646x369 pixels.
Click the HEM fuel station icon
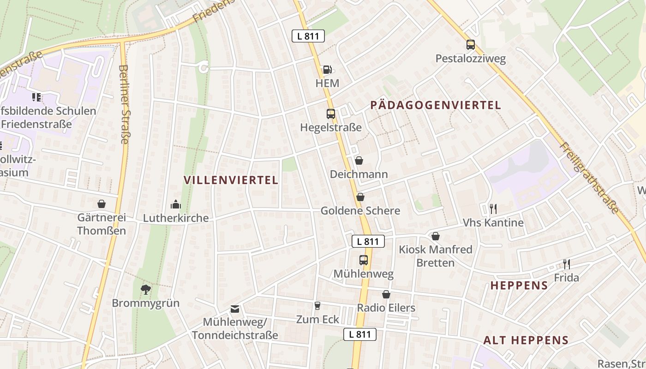327,70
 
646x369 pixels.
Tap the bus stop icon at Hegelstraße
330,113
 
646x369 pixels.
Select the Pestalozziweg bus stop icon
470,45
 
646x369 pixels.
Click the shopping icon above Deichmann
359,161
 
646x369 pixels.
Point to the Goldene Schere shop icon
360,197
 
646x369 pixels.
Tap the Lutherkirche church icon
175,204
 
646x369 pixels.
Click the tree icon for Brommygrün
145,290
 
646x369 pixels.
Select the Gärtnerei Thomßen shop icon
101,204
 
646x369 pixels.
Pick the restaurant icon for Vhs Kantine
493,209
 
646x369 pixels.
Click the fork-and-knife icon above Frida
566,264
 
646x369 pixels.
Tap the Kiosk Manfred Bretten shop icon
435,236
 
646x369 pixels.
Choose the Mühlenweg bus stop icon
363,260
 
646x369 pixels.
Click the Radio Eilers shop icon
386,294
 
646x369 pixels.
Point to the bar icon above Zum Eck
317,305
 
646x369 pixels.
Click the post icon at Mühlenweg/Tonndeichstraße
235,309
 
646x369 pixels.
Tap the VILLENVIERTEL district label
231,180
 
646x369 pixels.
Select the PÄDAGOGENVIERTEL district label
435,105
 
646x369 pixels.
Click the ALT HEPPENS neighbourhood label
526,340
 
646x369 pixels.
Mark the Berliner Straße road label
124,104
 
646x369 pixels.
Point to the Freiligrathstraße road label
589,178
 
